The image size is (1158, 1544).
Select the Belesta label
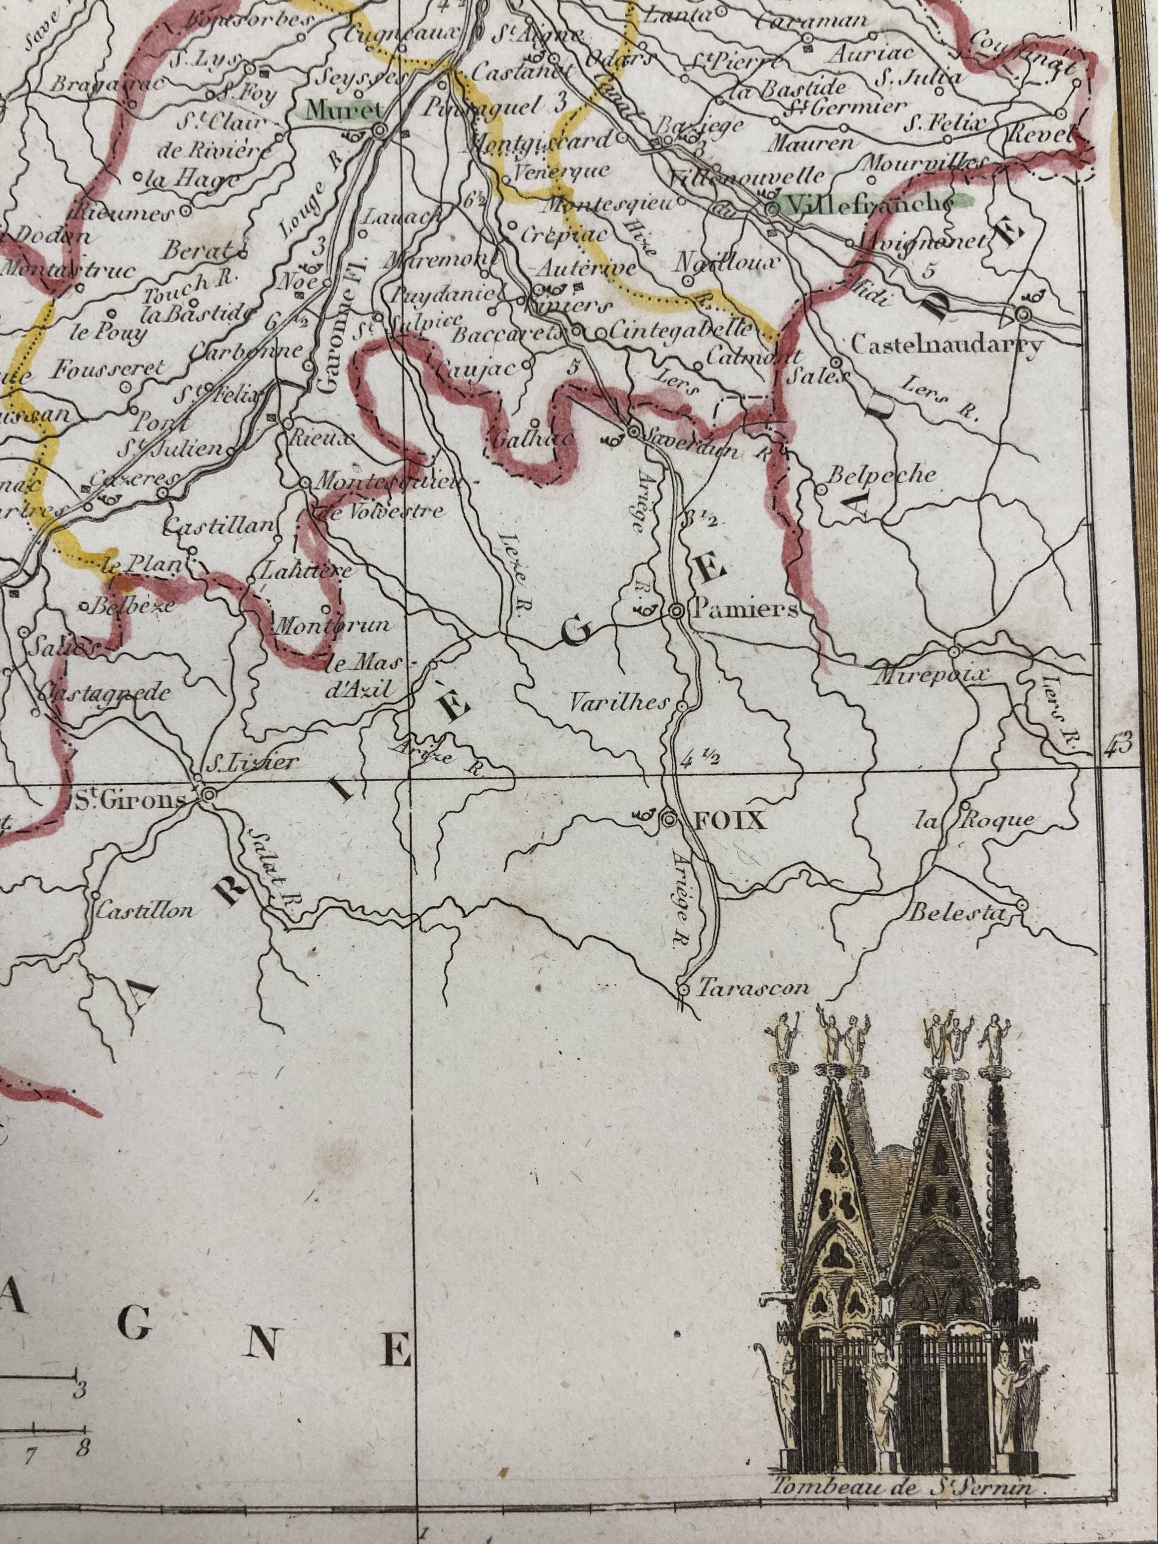[x=958, y=913]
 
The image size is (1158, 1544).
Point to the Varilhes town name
[x=618, y=704]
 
